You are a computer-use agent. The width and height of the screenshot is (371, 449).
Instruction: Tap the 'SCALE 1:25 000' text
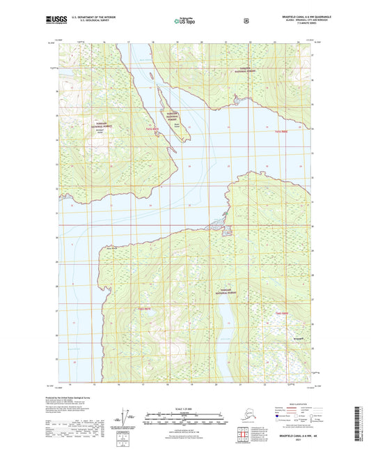pos(185,411)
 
